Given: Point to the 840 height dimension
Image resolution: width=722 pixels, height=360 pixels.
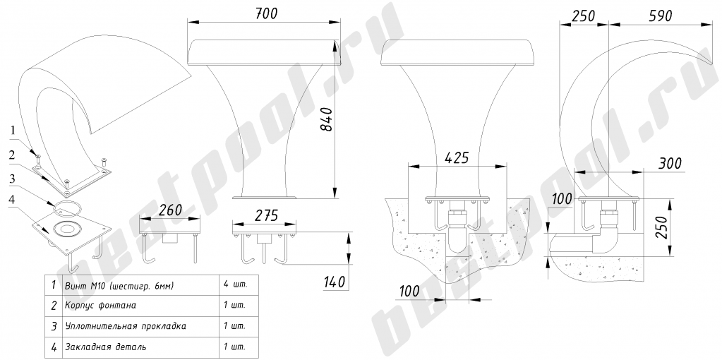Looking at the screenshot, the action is tap(326, 119).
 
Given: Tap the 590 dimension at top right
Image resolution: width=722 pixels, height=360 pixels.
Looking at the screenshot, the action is tap(659, 16).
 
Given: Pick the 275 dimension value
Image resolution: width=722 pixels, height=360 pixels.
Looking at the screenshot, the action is tap(266, 215).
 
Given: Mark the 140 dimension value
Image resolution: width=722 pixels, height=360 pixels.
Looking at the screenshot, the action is tap(335, 281).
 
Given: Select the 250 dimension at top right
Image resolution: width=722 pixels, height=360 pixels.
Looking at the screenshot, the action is tap(584, 16).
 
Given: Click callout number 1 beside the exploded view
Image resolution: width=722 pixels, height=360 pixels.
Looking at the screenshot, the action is tap(13, 131).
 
